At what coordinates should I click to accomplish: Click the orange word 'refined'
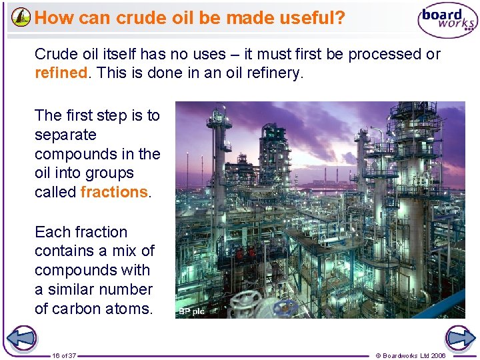[x=61, y=73]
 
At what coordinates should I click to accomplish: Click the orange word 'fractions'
[x=113, y=193]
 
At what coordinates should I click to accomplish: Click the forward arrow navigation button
[x=459, y=338]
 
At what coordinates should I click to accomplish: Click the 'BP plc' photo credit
[x=192, y=311]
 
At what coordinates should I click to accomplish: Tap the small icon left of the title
[x=21, y=17]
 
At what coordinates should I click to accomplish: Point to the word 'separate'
[x=65, y=135]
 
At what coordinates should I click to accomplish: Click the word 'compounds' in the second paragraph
[x=75, y=154]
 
